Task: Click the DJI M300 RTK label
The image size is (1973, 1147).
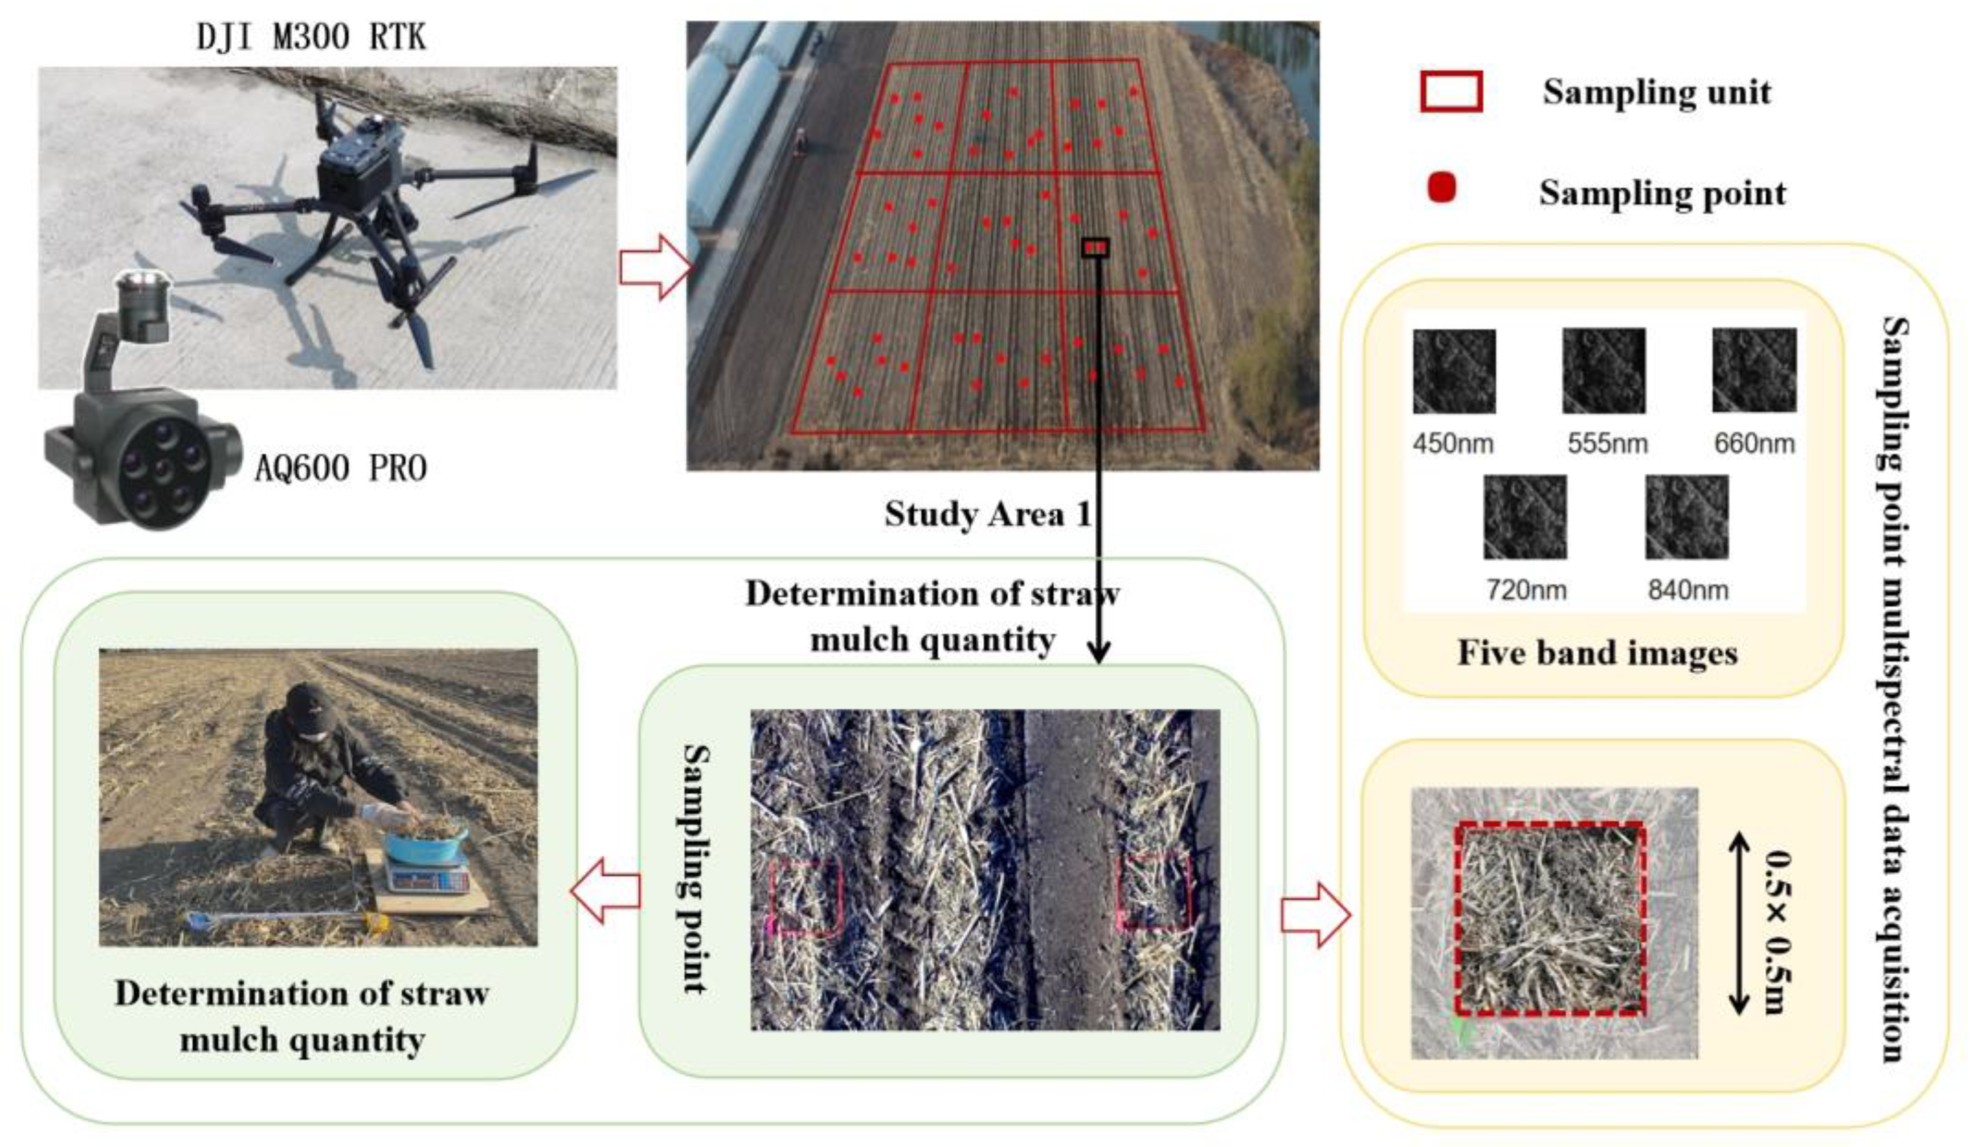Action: (x=311, y=37)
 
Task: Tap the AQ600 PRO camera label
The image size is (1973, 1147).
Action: (x=340, y=468)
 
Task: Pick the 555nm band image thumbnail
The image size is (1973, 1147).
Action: (x=1604, y=370)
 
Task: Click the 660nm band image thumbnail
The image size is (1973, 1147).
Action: (x=1754, y=370)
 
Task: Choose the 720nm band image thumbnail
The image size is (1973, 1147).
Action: (x=1524, y=517)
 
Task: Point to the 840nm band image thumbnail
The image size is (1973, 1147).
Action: (x=1687, y=517)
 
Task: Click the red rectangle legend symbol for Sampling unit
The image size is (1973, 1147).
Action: (x=1450, y=93)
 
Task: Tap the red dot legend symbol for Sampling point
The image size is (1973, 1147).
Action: (x=1441, y=189)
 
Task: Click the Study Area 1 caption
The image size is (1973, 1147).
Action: (x=987, y=514)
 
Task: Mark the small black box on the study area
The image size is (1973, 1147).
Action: (x=1095, y=247)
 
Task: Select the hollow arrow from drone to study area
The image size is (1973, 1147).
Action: (x=654, y=267)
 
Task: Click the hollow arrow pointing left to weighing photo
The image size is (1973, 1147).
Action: (x=604, y=890)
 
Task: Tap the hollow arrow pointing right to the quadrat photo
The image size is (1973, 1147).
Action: (x=1315, y=915)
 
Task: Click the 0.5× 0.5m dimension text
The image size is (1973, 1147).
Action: (x=1778, y=931)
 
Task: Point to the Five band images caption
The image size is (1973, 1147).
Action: (x=1597, y=653)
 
